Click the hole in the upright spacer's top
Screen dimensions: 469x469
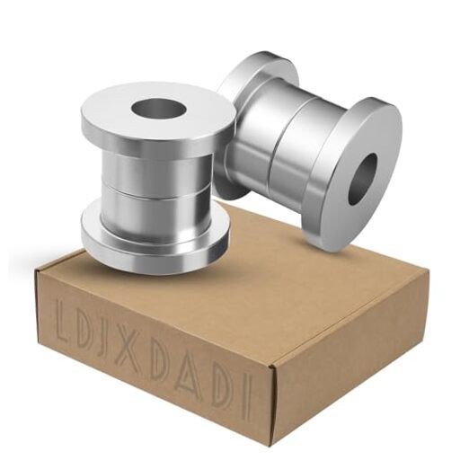[x=158, y=110]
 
